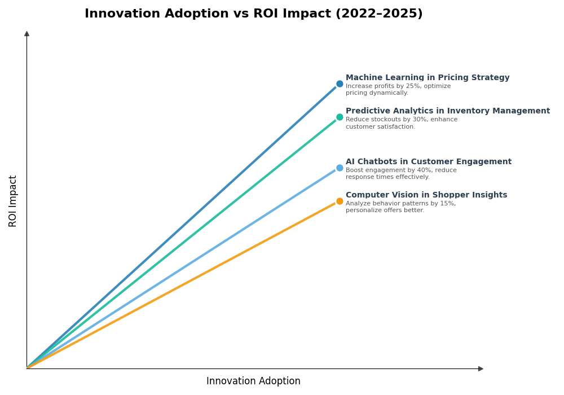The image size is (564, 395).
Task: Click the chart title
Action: pyautogui.click(x=253, y=14)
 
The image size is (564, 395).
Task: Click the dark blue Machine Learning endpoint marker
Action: pyautogui.click(x=340, y=84)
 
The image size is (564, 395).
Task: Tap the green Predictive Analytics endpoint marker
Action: pyautogui.click(x=340, y=117)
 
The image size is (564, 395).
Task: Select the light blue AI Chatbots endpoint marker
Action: pyautogui.click(x=340, y=168)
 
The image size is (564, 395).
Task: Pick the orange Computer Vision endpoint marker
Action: pyautogui.click(x=340, y=201)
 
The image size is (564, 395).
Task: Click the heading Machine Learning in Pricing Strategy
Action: pyautogui.click(x=427, y=78)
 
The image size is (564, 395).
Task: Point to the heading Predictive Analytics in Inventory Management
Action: pyautogui.click(x=447, y=111)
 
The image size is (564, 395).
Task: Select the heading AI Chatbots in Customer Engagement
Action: pyautogui.click(x=428, y=162)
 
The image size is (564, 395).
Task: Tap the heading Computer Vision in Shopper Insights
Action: pyautogui.click(x=426, y=195)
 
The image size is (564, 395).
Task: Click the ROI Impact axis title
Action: pyautogui.click(x=13, y=201)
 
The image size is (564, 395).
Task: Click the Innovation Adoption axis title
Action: pyautogui.click(x=253, y=381)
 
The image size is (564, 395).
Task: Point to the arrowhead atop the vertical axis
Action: pyautogui.click(x=27, y=34)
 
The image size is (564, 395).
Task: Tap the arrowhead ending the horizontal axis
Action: pyautogui.click(x=481, y=368)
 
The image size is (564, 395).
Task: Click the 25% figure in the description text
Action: pyautogui.click(x=403, y=86)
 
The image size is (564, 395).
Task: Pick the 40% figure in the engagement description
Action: pyautogui.click(x=411, y=170)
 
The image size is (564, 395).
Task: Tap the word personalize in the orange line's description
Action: pyautogui.click(x=364, y=210)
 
